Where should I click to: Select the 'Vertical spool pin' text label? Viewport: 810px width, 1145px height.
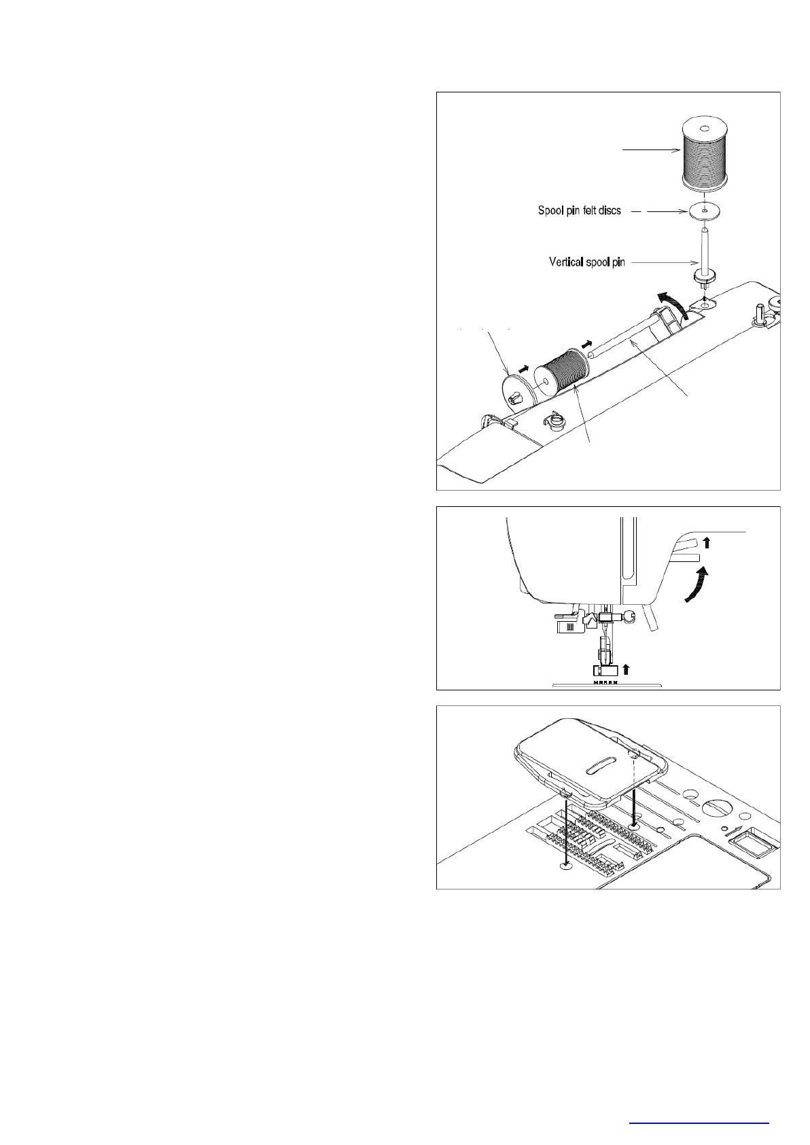point(586,262)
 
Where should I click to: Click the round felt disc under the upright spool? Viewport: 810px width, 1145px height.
point(705,212)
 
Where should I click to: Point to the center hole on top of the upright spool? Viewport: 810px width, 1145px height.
point(705,128)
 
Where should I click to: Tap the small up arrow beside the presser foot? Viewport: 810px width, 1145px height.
point(626,667)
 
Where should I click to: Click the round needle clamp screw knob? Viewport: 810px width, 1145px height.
point(630,616)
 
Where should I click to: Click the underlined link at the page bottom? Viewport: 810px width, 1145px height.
point(699,1123)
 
